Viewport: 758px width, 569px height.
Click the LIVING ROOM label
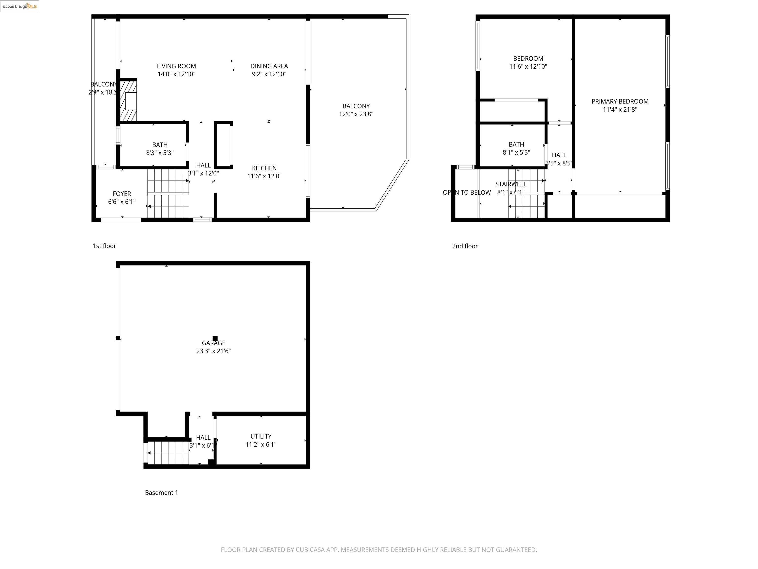(176, 66)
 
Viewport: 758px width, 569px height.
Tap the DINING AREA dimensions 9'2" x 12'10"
(269, 74)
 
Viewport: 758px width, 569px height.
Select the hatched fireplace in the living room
(128, 101)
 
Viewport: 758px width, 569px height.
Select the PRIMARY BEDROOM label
(620, 102)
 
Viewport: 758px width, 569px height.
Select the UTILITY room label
(261, 436)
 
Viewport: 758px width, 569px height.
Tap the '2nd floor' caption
(464, 246)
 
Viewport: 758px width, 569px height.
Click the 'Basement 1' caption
(161, 492)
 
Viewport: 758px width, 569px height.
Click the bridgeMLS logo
(19, 6)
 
